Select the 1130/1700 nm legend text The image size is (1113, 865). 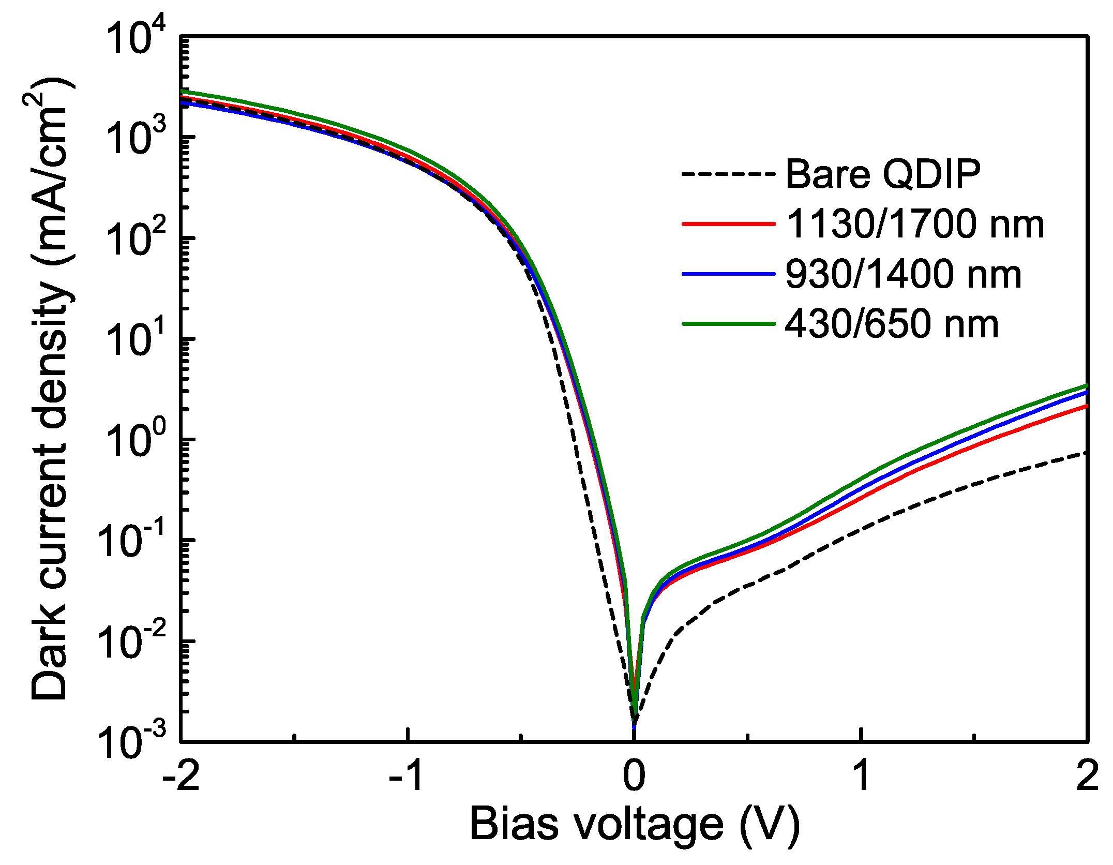coord(914,224)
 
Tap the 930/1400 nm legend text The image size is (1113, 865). coord(903,274)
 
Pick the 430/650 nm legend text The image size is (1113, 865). coord(892,324)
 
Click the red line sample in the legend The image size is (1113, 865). coord(728,224)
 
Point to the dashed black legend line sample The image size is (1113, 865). coord(728,174)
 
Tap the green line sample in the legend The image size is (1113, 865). coord(728,324)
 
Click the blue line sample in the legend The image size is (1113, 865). coord(728,274)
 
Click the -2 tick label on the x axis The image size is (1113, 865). coord(181,776)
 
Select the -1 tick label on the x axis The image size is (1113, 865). coord(408,776)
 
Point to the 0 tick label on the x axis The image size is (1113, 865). coord(634,776)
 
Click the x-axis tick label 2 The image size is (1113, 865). coord(1087,776)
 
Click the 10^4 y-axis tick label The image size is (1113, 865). coord(136,37)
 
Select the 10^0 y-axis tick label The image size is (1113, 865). coord(136,440)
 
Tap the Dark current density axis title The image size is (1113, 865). coord(51,388)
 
